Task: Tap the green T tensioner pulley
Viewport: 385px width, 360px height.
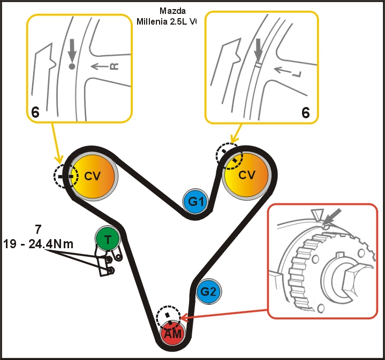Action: click(x=108, y=239)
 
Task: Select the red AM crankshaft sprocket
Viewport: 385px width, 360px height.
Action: click(x=173, y=334)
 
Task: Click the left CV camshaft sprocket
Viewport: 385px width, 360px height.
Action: click(x=91, y=175)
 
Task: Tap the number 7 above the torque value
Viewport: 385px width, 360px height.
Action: click(x=37, y=230)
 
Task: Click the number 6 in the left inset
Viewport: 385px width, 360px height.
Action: click(x=35, y=112)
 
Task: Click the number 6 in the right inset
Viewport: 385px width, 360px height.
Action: click(x=306, y=112)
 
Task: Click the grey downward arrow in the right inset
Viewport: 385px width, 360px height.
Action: click(x=258, y=51)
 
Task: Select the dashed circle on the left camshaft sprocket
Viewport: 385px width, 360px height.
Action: click(x=66, y=175)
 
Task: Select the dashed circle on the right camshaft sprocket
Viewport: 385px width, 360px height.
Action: click(x=229, y=156)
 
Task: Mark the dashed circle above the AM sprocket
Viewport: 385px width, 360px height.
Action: click(x=169, y=319)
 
